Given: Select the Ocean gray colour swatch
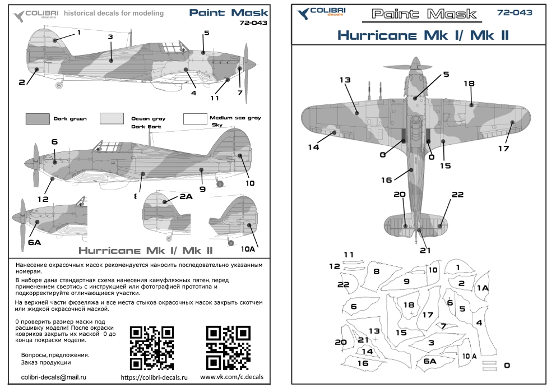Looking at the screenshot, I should click(x=112, y=118).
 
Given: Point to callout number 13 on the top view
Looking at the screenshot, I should click(x=344, y=80).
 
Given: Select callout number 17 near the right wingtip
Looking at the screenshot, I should click(x=503, y=148).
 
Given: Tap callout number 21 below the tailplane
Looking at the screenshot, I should click(x=425, y=250).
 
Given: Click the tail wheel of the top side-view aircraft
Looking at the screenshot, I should click(x=60, y=86).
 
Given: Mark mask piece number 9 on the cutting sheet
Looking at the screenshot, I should click(x=406, y=281).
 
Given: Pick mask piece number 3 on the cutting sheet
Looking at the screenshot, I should click(x=431, y=343).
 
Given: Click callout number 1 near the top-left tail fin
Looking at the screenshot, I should click(x=79, y=33).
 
